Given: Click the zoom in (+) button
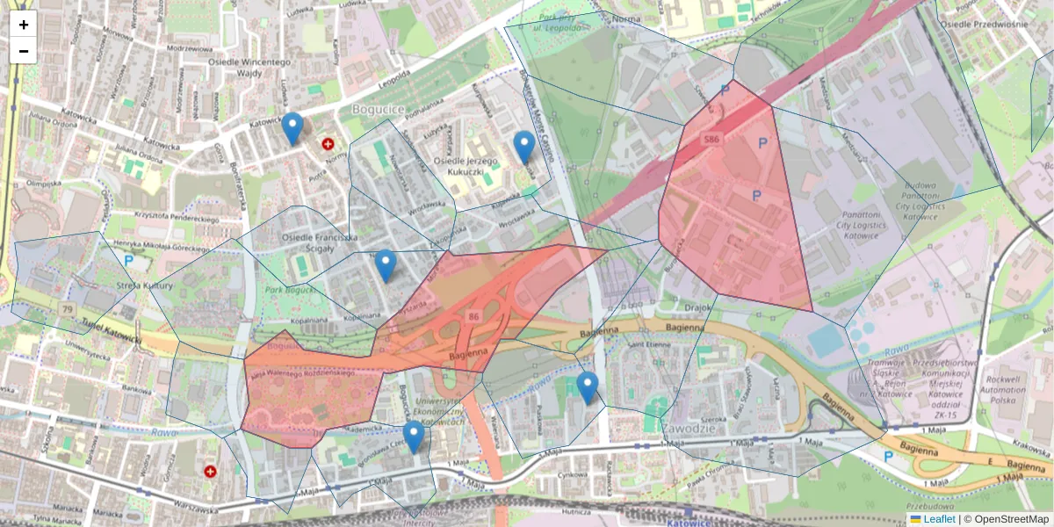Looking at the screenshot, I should [x=24, y=25].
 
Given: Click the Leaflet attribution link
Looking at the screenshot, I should [x=932, y=519].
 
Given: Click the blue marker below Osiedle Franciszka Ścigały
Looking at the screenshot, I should [x=385, y=265].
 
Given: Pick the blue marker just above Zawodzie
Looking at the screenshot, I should [x=588, y=387].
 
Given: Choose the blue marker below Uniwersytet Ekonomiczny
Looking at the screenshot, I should [x=414, y=437].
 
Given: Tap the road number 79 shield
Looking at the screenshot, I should [x=68, y=309].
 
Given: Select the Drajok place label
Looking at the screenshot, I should [x=697, y=307].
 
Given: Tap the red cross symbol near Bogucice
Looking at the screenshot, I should [x=328, y=143].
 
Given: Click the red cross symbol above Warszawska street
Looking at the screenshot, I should [x=210, y=472].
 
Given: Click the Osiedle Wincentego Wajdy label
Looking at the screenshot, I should [x=249, y=69].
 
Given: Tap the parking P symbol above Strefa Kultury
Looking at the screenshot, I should [x=129, y=260].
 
